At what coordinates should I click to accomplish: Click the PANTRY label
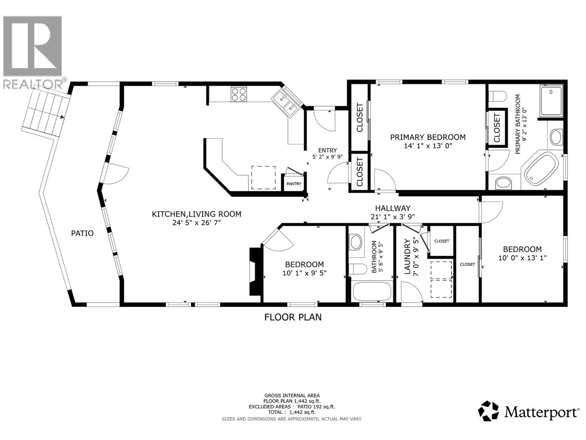pos(294,184)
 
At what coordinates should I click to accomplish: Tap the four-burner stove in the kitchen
pos(238,94)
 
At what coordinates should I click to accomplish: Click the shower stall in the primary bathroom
pos(551,101)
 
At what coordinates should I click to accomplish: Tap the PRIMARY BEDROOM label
pos(427,137)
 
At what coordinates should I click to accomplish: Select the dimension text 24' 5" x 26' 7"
pos(197,223)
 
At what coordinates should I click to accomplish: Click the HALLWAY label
pos(392,208)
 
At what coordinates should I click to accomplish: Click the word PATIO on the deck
pos(82,233)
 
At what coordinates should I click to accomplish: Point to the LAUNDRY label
pos(407,257)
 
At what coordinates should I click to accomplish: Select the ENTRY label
pos(327,150)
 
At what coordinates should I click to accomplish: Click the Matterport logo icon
pos(489,411)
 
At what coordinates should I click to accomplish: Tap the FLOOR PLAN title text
pos(293,317)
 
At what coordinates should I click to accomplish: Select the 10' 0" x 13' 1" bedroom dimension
pos(522,258)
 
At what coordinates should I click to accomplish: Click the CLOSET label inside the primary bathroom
pos(497,128)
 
